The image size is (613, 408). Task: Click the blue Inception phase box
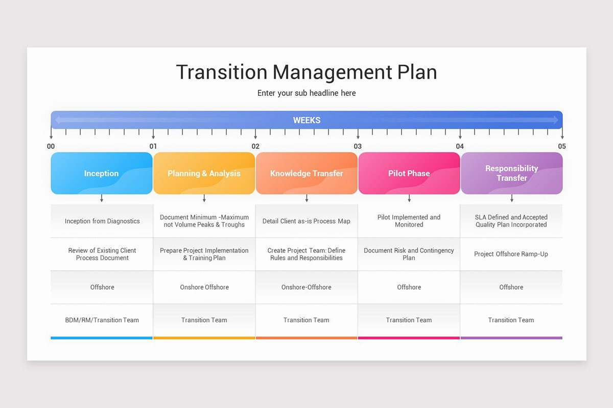tap(102, 173)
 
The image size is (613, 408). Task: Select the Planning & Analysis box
tap(204, 173)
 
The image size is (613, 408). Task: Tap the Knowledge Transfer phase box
tap(306, 173)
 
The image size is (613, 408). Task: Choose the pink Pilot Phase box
tap(409, 173)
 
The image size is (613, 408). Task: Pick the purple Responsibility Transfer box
tap(511, 173)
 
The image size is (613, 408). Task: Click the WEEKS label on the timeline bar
tap(306, 120)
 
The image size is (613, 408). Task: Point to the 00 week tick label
tap(51, 146)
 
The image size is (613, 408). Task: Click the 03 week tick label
tap(358, 146)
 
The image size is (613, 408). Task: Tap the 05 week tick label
tap(562, 146)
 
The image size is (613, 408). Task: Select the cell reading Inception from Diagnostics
tap(102, 221)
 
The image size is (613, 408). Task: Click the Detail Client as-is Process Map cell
tap(306, 221)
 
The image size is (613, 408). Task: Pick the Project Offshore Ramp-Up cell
tap(511, 254)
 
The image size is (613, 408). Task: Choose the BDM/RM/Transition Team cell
tap(102, 320)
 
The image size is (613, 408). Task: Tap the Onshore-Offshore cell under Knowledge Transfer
tap(306, 287)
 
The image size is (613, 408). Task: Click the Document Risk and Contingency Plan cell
tap(409, 254)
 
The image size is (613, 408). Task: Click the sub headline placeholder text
tap(306, 93)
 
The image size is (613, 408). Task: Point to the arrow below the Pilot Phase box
tap(409, 198)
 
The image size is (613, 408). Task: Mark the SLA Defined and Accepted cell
tap(511, 221)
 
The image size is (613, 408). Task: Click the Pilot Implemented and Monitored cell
tap(409, 221)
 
